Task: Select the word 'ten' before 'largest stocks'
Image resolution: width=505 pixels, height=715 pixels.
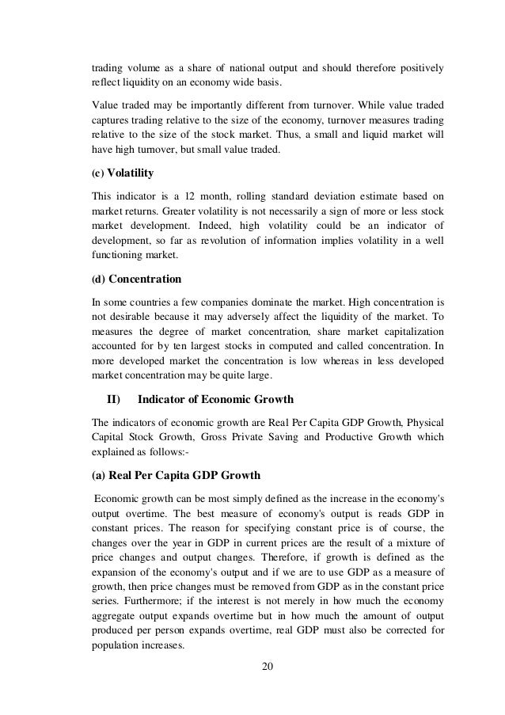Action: coord(198,344)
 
